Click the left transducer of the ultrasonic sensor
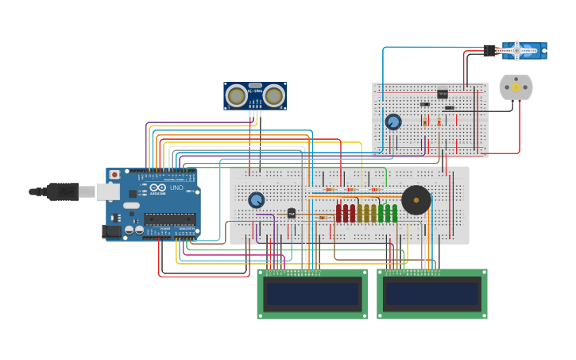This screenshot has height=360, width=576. pyautogui.click(x=236, y=96)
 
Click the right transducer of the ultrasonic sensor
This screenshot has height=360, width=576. pyautogui.click(x=274, y=96)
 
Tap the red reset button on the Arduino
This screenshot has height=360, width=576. pyautogui.click(x=114, y=174)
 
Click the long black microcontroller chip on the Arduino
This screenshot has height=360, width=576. pyautogui.click(x=169, y=219)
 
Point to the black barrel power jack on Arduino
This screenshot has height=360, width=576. pyautogui.click(x=112, y=231)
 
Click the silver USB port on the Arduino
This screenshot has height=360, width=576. pyautogui.click(x=107, y=192)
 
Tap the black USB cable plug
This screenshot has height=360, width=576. pyautogui.click(x=62, y=192)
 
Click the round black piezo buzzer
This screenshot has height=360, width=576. pyautogui.click(x=416, y=200)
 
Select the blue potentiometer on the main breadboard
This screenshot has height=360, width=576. pyautogui.click(x=256, y=200)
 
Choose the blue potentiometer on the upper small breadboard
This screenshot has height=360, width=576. pyautogui.click(x=393, y=122)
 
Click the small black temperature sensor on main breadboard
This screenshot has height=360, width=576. pyautogui.click(x=292, y=213)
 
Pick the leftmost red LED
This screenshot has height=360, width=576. pyautogui.click(x=339, y=213)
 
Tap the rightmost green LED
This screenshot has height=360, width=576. pyautogui.click(x=394, y=213)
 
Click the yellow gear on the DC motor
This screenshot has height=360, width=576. pyautogui.click(x=516, y=87)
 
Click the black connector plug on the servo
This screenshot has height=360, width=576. pyautogui.click(x=489, y=51)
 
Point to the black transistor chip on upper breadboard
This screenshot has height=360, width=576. pyautogui.click(x=443, y=94)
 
